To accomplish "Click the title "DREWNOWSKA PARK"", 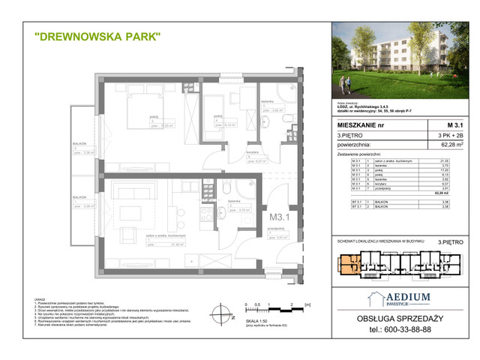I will pos(98,37).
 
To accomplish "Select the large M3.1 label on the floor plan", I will pos(280,218).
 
